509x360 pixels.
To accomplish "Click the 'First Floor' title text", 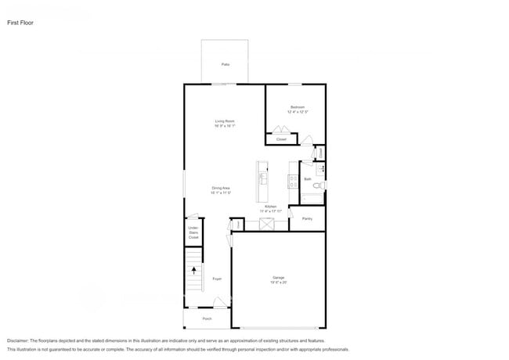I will pyautogui.click(x=20, y=23).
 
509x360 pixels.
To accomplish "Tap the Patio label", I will pyautogui.click(x=226, y=64).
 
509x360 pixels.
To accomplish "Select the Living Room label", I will pyautogui.click(x=226, y=121).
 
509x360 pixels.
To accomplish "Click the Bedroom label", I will pyautogui.click(x=298, y=107).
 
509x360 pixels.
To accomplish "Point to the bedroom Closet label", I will pyautogui.click(x=281, y=139).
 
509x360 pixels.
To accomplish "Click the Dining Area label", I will pyautogui.click(x=221, y=189).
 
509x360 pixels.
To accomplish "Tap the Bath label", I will pyautogui.click(x=309, y=179).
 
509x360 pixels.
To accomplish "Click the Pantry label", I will pyautogui.click(x=307, y=219).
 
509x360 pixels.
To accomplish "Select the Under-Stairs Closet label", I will pyautogui.click(x=193, y=232).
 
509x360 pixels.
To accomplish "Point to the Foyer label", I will pyautogui.click(x=217, y=279).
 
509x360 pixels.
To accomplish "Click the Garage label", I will pyautogui.click(x=278, y=278).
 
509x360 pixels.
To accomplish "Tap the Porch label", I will pyautogui.click(x=208, y=319).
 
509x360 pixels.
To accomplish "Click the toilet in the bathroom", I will pyautogui.click(x=321, y=185).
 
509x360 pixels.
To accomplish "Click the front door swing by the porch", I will pyautogui.click(x=220, y=303).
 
